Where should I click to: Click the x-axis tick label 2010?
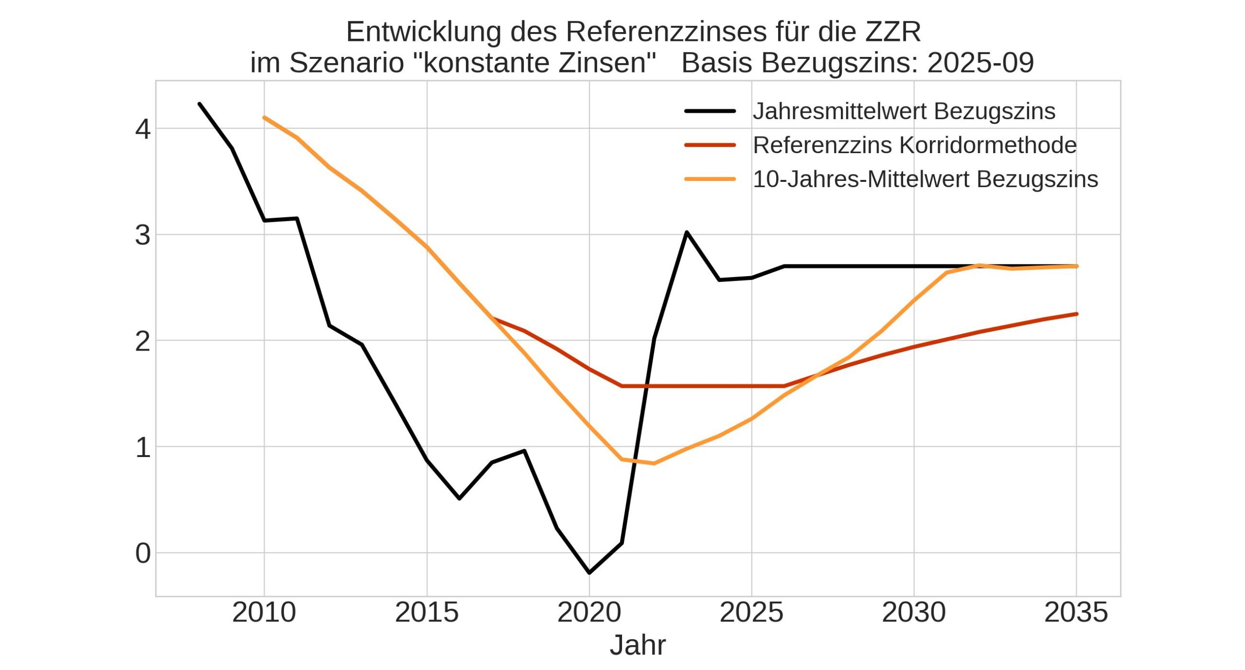[264, 612]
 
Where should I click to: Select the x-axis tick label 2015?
[427, 612]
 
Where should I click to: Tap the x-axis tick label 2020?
[589, 612]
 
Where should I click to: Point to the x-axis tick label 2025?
[751, 612]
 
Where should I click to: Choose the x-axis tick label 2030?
[914, 612]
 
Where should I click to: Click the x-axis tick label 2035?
[1076, 612]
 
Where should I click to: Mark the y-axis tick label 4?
[143, 129]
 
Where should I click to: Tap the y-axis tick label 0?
[143, 553]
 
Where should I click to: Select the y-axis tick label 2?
[143, 341]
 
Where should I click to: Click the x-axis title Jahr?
[638, 645]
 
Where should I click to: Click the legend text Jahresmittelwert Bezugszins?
[904, 111]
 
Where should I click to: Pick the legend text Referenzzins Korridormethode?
[915, 145]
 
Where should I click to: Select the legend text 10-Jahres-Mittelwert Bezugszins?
[925, 179]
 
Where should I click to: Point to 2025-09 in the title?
[980, 63]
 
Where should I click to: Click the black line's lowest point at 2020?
[589, 573]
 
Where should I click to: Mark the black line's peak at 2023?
[687, 232]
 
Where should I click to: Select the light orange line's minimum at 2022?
[654, 463]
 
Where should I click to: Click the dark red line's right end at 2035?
[1076, 314]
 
